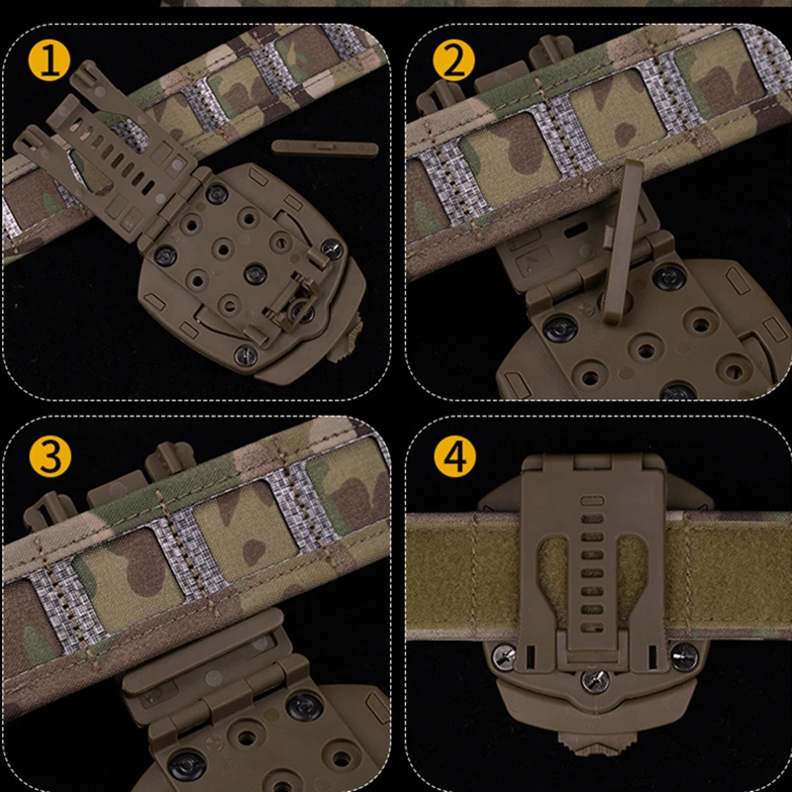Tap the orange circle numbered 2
(x=454, y=62)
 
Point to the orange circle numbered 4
(x=454, y=458)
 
